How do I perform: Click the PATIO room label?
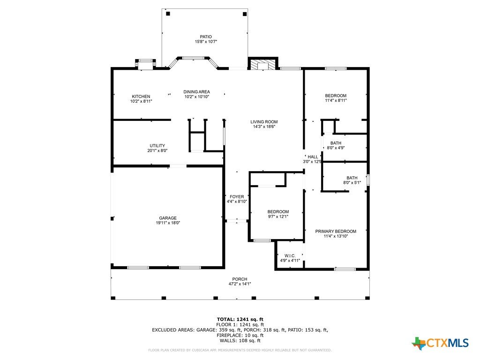click(206, 37)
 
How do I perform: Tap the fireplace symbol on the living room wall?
click(262, 65)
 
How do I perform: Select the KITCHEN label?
click(141, 97)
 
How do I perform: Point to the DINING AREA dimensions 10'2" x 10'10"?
click(196, 97)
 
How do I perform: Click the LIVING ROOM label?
click(264, 122)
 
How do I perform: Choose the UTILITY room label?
click(157, 146)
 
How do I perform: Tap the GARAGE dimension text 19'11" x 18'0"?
click(168, 223)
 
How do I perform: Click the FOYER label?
click(237, 197)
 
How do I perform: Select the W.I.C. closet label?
click(290, 256)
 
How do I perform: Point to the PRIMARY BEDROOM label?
click(336, 232)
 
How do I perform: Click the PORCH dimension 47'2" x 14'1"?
click(240, 284)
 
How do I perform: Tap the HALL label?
click(313, 157)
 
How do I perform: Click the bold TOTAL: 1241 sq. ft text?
click(240, 319)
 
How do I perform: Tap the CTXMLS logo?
click(440, 343)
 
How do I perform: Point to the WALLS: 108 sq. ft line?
click(240, 340)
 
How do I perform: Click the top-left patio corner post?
click(168, 14)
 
